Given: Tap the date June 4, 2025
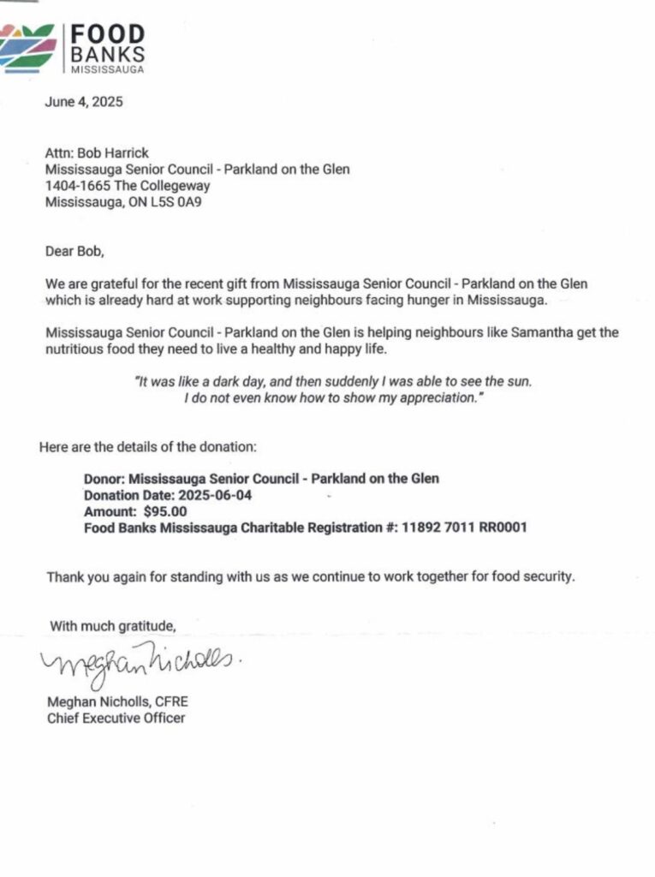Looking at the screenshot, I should (84, 102).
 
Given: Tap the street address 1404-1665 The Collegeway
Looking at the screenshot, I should (128, 186).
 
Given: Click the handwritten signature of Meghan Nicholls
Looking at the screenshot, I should (133, 662).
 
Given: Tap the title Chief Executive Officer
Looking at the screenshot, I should (116, 719).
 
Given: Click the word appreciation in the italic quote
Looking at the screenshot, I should (428, 398).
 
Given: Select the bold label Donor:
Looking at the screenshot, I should (103, 479).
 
